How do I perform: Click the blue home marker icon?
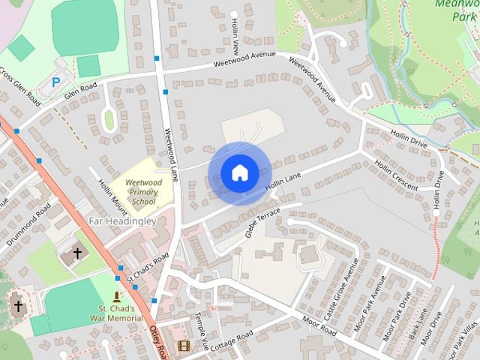click(238, 173)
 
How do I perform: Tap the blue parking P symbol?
click(56, 82)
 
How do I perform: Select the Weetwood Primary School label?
click(143, 191)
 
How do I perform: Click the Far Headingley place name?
click(122, 222)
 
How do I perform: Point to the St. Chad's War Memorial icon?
click(116, 297)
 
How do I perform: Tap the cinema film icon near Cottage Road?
click(184, 346)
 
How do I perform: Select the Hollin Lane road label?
click(283, 182)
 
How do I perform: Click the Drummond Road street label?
click(28, 224)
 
